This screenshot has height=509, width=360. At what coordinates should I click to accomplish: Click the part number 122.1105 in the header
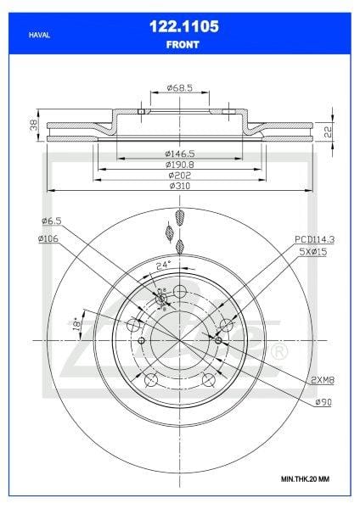pyautogui.click(x=180, y=27)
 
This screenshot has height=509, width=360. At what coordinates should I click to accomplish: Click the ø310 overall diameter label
pyautogui.click(x=180, y=185)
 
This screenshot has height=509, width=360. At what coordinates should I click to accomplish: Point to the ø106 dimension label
pyautogui.click(x=48, y=238)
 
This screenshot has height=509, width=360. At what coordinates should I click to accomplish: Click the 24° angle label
pyautogui.click(x=162, y=264)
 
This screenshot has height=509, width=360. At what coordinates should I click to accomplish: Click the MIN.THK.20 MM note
pyautogui.click(x=305, y=479)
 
